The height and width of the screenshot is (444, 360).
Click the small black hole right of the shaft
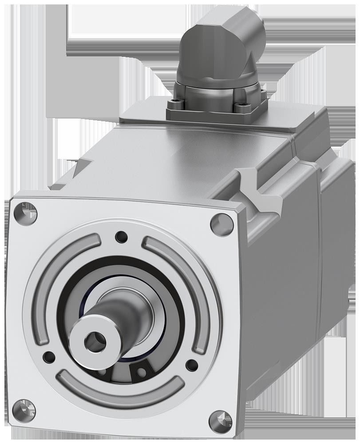click(x=192, y=365)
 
